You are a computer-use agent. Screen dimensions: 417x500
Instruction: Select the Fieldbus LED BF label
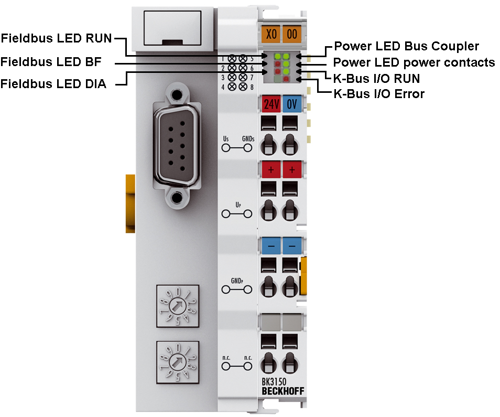click(x=51, y=62)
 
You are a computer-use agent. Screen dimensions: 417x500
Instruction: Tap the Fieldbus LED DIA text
click(x=53, y=84)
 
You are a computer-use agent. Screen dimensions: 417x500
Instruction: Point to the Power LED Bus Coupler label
click(x=406, y=46)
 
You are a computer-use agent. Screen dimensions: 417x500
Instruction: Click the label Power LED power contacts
click(x=414, y=62)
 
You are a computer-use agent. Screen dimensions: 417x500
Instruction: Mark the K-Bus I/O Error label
click(x=379, y=94)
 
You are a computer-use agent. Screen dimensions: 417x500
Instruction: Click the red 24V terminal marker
click(x=271, y=104)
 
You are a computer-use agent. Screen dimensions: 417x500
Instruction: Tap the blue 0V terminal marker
click(x=292, y=104)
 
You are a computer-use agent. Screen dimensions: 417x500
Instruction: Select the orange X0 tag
click(x=271, y=34)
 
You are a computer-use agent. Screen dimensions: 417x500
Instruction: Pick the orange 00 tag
click(x=292, y=34)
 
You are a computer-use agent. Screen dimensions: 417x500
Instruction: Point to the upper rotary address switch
click(x=178, y=306)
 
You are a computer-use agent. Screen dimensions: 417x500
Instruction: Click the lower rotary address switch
click(x=178, y=361)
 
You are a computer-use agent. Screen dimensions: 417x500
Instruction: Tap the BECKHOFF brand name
click(x=282, y=391)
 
